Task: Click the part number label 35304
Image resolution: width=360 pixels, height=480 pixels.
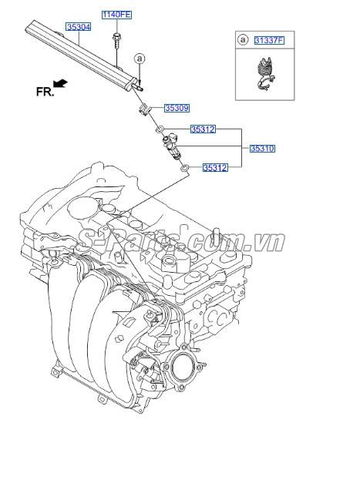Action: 79,27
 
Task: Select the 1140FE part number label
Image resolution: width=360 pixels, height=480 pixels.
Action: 116,15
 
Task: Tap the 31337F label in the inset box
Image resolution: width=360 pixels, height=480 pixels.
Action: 269,40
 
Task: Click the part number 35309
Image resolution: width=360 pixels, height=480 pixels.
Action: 177,108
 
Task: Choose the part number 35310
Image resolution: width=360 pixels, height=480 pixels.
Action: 262,149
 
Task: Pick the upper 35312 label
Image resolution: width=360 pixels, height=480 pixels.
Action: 203,129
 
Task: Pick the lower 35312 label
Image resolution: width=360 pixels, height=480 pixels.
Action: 215,167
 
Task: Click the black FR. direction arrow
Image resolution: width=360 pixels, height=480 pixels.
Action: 60,83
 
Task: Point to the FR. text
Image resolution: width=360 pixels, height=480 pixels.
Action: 45,92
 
